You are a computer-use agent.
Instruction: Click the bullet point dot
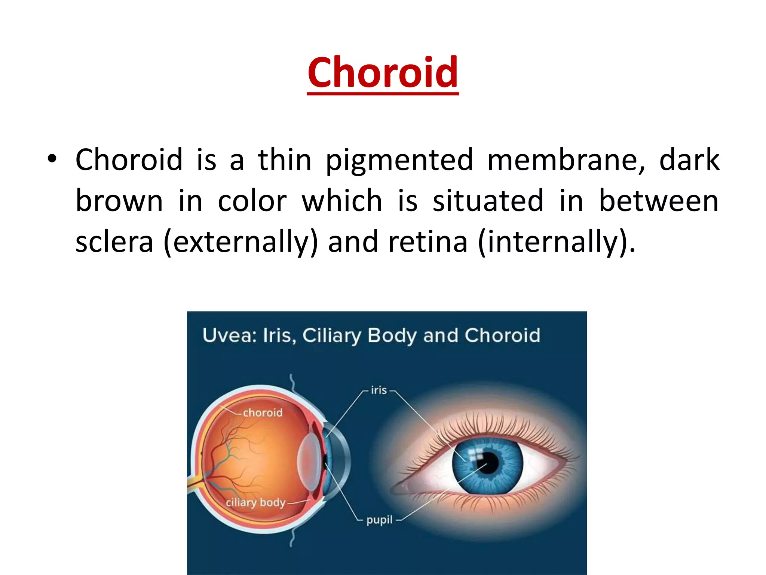pyautogui.click(x=52, y=159)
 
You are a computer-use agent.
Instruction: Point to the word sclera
pyautogui.click(x=114, y=242)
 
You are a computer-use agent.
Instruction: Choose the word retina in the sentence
pyautogui.click(x=428, y=242)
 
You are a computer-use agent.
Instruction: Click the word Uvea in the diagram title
pyautogui.click(x=229, y=335)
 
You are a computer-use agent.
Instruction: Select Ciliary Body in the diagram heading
pyautogui.click(x=359, y=336)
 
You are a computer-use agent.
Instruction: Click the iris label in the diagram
pyautogui.click(x=379, y=390)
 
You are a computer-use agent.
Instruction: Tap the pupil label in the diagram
pyautogui.click(x=379, y=520)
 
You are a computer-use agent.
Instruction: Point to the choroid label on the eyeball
pyautogui.click(x=263, y=413)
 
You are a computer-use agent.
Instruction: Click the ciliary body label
pyautogui.click(x=255, y=502)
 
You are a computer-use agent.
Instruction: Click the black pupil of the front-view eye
pyautogui.click(x=487, y=463)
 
